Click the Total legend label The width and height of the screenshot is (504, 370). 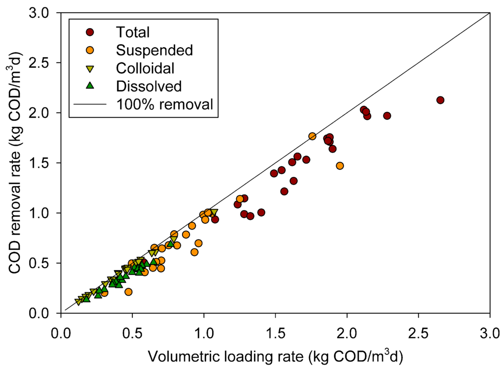(132, 32)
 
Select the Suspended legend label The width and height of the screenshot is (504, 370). (154, 50)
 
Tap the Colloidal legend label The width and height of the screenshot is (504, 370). (145, 68)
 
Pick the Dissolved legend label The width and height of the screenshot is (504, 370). (149, 86)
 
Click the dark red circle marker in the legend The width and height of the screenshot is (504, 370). (90, 32)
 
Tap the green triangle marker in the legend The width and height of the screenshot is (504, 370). (90, 86)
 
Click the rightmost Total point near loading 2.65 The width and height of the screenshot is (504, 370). (440, 100)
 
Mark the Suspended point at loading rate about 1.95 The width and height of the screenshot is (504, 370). (340, 166)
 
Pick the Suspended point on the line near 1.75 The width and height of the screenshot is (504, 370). (312, 136)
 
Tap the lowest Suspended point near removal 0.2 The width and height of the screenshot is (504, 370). (128, 292)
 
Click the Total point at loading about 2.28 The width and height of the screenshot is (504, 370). (387, 116)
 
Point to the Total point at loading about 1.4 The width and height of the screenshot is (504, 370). (261, 213)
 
